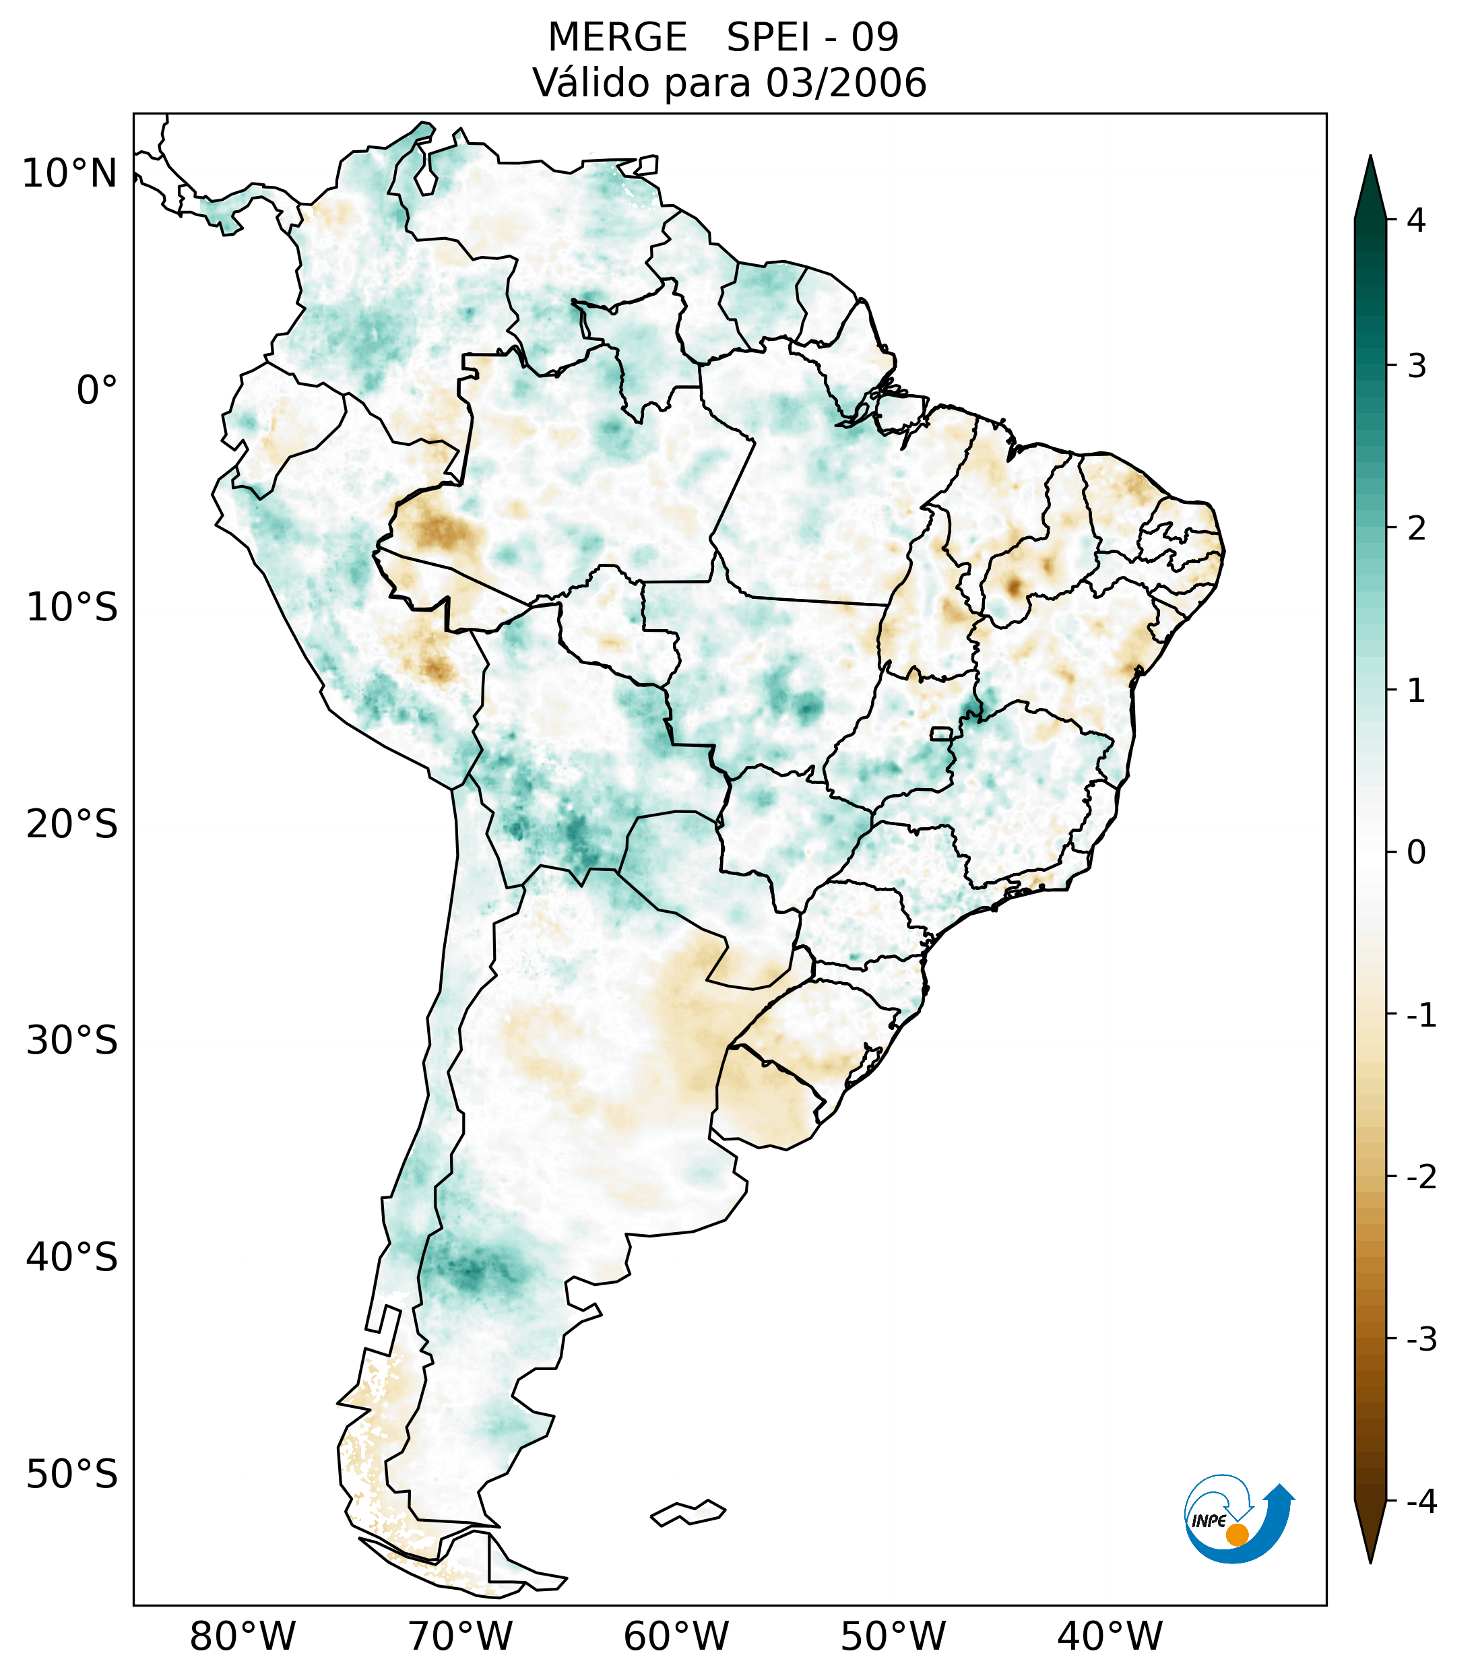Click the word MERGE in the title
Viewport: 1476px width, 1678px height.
(x=616, y=38)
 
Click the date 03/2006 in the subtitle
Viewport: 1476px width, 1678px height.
(x=845, y=83)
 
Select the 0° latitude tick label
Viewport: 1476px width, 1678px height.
(x=97, y=391)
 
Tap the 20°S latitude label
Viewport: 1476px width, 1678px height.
(x=72, y=825)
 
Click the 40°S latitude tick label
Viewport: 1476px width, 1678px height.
(x=72, y=1258)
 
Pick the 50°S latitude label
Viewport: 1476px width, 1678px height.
(x=72, y=1475)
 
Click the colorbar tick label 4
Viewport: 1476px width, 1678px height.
(x=1416, y=220)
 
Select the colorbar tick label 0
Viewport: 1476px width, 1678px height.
(x=1416, y=853)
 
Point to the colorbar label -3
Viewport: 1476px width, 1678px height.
(x=1421, y=1339)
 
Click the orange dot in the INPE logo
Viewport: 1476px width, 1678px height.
(x=1236, y=1535)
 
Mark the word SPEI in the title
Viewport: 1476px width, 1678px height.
(x=767, y=38)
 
